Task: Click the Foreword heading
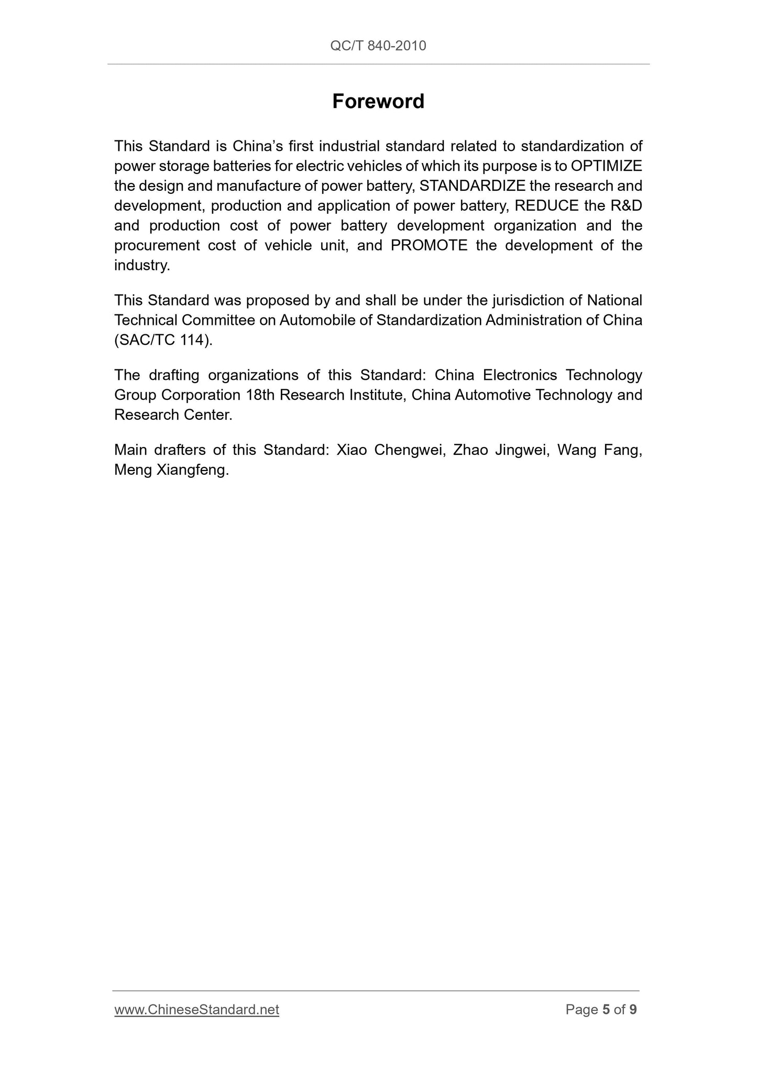coord(378,101)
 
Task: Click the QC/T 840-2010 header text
coord(378,46)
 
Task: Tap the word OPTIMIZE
coord(606,166)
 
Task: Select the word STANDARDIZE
coord(473,186)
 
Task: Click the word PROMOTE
coord(429,246)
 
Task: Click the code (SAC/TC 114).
coord(163,340)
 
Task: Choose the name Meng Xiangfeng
coord(171,470)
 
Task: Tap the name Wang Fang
coord(599,450)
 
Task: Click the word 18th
coord(260,395)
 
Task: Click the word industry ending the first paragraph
coord(141,266)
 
